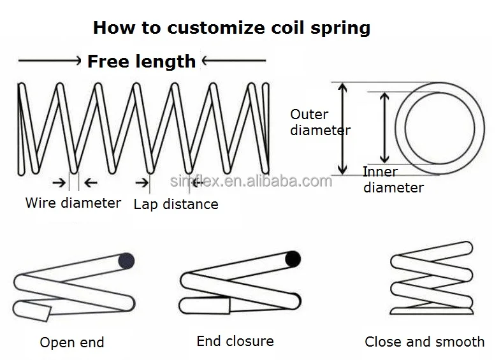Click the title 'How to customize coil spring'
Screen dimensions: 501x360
[x=231, y=28]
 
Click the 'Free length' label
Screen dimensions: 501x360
[x=142, y=61]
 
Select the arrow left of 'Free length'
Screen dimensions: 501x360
[x=50, y=61]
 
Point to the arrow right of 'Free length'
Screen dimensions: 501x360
[x=234, y=60]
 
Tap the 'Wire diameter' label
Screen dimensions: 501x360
[x=73, y=203]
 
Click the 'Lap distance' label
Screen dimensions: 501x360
[x=176, y=204]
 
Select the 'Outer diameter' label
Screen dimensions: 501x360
[x=320, y=122]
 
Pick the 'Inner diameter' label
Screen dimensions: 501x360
[x=393, y=180]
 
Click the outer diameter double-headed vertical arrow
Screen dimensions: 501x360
[x=342, y=129]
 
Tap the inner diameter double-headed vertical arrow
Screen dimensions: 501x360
[x=384, y=128]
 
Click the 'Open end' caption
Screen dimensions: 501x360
[x=72, y=342]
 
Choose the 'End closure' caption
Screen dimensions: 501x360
[x=235, y=341]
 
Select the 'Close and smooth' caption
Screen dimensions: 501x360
[x=425, y=342]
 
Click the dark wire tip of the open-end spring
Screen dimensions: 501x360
[x=126, y=261]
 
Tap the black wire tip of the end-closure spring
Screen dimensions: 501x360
[x=293, y=259]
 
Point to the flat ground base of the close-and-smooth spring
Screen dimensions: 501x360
[x=432, y=311]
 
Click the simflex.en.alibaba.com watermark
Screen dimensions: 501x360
[x=251, y=181]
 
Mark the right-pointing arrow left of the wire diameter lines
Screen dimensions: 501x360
[x=59, y=183]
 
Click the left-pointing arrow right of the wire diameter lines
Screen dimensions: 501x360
[x=91, y=183]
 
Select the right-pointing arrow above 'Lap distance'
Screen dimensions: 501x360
[x=142, y=183]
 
